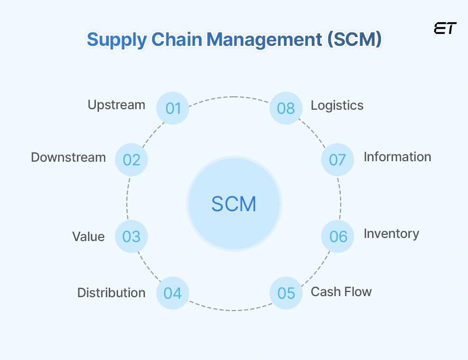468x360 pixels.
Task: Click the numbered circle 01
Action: click(x=173, y=108)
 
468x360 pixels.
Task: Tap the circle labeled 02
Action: click(x=131, y=160)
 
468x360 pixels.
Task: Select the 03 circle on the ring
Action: click(x=131, y=236)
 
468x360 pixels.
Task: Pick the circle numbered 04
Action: click(x=173, y=293)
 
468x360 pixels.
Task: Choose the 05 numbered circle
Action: click(x=286, y=293)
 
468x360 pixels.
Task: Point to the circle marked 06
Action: click(x=338, y=236)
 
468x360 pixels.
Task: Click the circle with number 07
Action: click(x=338, y=160)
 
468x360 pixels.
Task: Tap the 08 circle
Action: click(x=286, y=108)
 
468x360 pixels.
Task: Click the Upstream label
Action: click(x=116, y=105)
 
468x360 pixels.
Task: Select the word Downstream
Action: click(x=69, y=157)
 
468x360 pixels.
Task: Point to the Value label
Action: click(x=88, y=237)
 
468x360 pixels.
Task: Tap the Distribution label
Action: click(x=111, y=293)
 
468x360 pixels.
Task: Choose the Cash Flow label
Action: click(x=341, y=292)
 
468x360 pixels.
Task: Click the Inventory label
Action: click(x=391, y=234)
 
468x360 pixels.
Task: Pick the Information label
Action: click(x=397, y=157)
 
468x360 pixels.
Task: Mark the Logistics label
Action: click(x=337, y=106)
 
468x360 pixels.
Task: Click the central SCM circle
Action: click(x=234, y=204)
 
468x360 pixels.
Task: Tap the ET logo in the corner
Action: click(x=445, y=29)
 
